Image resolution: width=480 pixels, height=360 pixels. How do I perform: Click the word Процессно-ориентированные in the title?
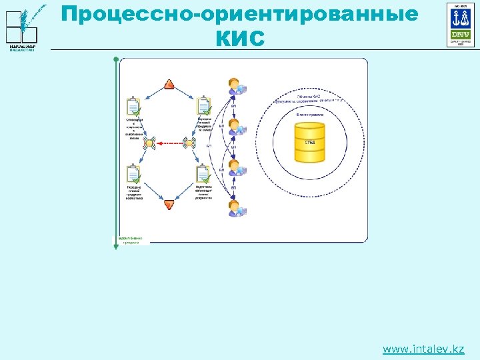pos(239,13)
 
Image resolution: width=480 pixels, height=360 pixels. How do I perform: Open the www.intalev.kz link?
pos(423,349)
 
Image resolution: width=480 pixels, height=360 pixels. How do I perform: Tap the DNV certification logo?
pos(461,25)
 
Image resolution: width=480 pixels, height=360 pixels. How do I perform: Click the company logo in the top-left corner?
pos(27,27)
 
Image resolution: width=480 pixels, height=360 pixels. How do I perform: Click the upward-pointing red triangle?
pos(169,84)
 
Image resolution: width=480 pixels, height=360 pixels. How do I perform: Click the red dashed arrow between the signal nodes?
pos(169,142)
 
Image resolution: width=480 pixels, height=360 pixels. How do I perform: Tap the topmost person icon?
pos(235,87)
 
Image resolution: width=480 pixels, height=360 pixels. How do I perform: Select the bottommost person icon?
pos(235,207)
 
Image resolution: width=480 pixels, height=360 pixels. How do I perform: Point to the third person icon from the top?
pos(235,167)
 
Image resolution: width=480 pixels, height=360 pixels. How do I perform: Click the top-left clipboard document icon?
pos(133,107)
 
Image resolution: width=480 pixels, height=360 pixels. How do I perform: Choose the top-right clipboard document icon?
pos(204,107)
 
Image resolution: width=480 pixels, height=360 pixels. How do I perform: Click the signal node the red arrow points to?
pos(149,142)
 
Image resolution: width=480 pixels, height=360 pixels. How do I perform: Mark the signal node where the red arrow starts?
pos(189,142)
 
